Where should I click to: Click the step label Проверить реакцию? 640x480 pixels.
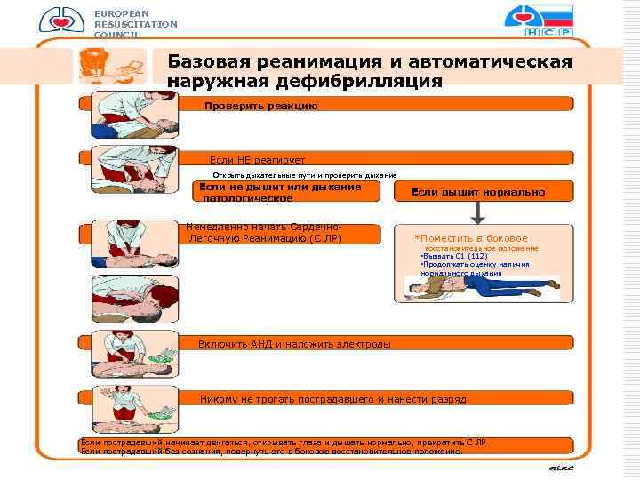tap(260, 106)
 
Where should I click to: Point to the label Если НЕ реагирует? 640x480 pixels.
tap(257, 159)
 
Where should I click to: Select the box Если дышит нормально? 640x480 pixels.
tap(478, 192)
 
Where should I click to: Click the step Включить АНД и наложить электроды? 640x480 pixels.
tap(293, 344)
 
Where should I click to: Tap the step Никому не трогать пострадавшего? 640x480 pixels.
tap(333, 399)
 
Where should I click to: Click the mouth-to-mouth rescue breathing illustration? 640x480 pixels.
tap(129, 300)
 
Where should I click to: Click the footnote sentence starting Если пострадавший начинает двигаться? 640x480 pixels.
tap(283, 442)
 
